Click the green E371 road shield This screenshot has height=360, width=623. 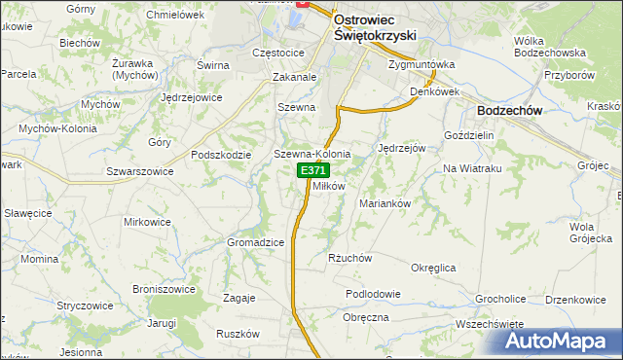click(x=312, y=170)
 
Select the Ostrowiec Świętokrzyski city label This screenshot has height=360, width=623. click(x=375, y=26)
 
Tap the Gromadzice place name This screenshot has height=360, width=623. click(x=255, y=242)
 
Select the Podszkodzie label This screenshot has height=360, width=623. click(x=223, y=155)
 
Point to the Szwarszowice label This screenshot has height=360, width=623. click(x=140, y=170)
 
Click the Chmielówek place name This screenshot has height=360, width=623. click(x=174, y=16)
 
